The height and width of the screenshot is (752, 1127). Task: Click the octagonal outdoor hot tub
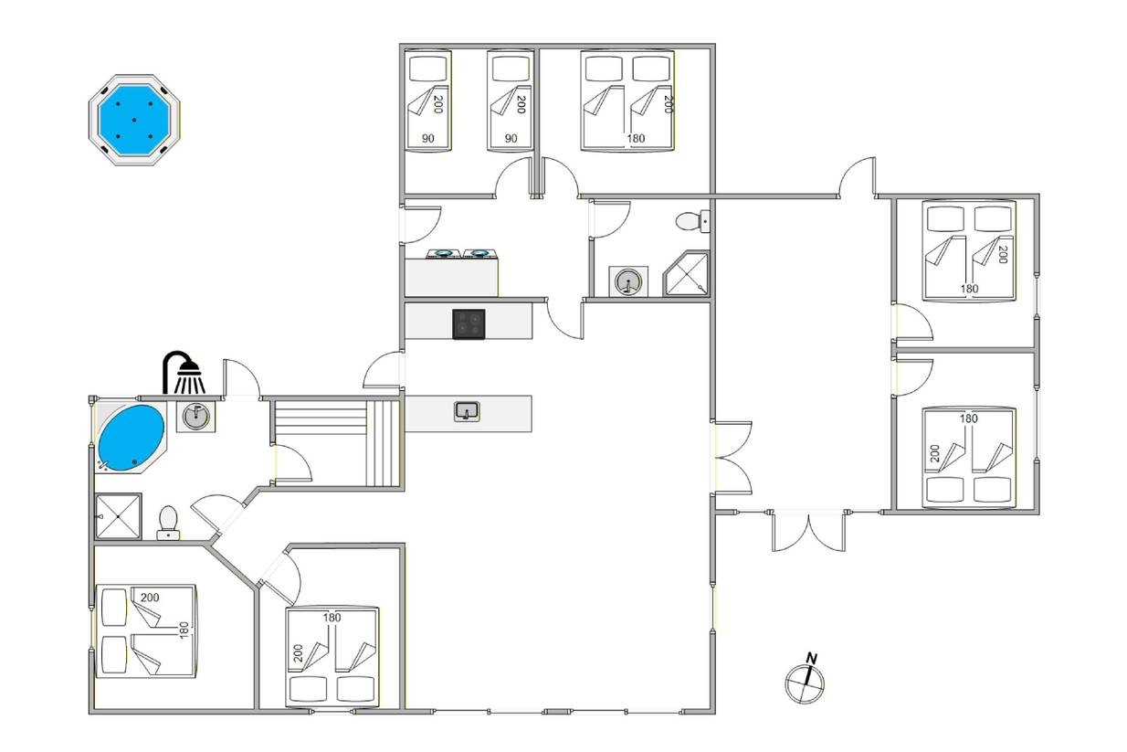134,120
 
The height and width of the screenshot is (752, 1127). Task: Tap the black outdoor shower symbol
184,373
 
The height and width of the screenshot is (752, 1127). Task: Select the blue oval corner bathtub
131,439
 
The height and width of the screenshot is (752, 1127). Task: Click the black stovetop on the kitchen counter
469,324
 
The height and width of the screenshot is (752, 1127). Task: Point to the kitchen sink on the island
467,411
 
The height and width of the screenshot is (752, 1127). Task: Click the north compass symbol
805,683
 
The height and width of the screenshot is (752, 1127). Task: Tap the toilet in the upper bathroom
693,221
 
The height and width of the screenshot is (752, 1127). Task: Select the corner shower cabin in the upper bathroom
685,273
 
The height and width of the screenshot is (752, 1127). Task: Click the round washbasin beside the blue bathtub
195,417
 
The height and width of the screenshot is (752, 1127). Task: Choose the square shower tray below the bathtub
118,516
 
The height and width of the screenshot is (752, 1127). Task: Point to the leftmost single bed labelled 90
428,101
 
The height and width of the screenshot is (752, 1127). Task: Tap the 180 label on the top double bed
636,138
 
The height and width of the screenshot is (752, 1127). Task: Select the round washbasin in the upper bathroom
628,281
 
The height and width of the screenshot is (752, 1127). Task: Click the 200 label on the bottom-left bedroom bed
150,598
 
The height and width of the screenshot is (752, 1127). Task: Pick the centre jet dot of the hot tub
134,120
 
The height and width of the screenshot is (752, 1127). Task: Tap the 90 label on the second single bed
511,138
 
